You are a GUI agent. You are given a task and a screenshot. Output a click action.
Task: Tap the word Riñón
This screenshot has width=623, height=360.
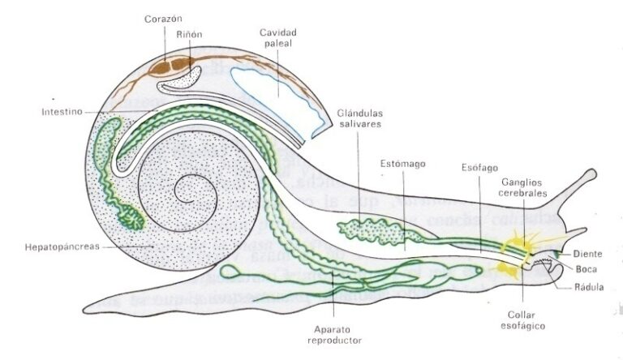[x=189, y=34]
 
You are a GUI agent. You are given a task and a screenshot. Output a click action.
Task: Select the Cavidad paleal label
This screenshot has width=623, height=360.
[x=277, y=37]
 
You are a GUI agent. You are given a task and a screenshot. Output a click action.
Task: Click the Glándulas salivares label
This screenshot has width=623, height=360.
[x=360, y=118]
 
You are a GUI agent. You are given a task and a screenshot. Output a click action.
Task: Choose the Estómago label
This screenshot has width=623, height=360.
[x=403, y=164]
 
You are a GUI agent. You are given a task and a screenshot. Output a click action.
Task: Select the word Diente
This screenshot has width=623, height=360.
[x=587, y=254]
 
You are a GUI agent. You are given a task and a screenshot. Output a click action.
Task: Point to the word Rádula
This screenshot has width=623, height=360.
[x=587, y=286]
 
